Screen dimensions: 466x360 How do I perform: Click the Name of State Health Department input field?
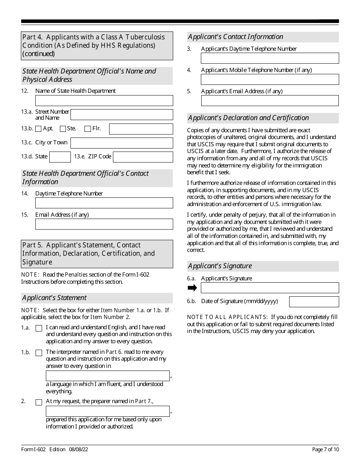coord(104,100)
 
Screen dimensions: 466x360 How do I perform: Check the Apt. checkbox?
coord(38,129)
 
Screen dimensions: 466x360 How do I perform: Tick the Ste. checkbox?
coord(63,129)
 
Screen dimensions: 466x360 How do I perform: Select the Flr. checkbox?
coord(88,129)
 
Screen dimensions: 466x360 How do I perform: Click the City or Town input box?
coord(122,143)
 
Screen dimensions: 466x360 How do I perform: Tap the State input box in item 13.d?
coord(60,157)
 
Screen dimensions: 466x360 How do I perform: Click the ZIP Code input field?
coord(143,157)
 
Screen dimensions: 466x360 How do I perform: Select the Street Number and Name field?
coord(122,114)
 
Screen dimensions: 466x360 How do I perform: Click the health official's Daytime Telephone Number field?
coord(104,203)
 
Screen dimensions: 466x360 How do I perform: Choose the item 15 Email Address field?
coord(104,224)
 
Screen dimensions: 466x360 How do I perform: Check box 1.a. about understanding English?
coord(39,328)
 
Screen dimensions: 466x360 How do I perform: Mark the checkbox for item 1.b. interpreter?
coord(39,353)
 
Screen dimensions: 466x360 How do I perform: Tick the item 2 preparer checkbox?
coord(39,402)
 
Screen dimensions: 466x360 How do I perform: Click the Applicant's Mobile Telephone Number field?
coord(269,79)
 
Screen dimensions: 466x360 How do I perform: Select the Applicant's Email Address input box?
coord(269,100)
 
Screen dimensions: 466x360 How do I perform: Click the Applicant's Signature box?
coord(269,288)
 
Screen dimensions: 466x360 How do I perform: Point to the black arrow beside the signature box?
coord(193,288)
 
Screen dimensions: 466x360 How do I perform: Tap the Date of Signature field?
coord(314,302)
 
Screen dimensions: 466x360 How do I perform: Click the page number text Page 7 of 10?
coord(325,449)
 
